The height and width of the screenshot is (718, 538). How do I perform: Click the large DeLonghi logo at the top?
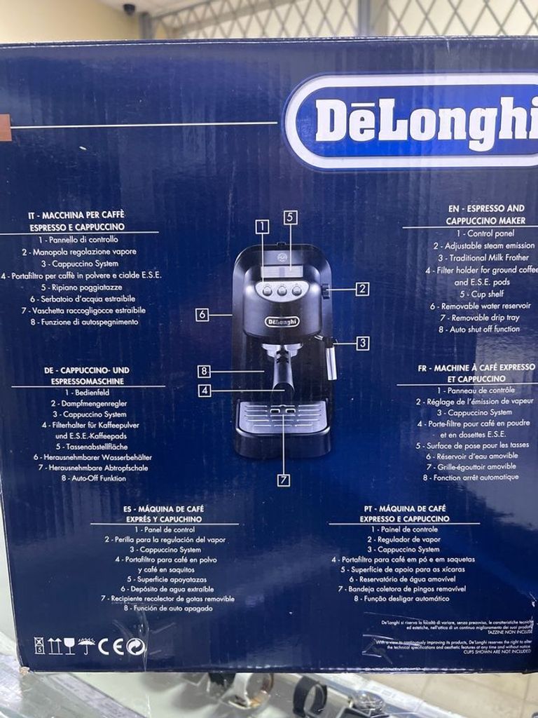[420, 122]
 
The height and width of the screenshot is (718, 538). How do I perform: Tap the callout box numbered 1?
[263, 226]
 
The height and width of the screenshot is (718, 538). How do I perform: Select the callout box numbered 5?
[291, 217]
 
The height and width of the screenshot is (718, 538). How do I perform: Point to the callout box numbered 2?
[361, 288]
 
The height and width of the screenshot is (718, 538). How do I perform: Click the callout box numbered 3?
[362, 343]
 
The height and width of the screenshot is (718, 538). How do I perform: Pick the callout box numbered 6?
[202, 315]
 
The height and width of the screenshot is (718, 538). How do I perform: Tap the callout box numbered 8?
[204, 372]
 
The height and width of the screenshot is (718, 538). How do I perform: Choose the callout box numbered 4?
[204, 391]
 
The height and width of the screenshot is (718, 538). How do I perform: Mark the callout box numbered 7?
[284, 480]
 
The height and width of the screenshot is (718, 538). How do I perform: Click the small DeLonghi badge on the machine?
[282, 321]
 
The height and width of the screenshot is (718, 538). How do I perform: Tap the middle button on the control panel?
[282, 290]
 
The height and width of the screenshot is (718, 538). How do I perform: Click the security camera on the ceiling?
[129, 9]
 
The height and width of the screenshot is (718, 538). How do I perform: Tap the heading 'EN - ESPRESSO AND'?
[486, 209]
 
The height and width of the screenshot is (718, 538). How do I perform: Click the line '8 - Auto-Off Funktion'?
[94, 478]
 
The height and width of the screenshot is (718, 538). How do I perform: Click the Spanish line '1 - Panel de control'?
[165, 530]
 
